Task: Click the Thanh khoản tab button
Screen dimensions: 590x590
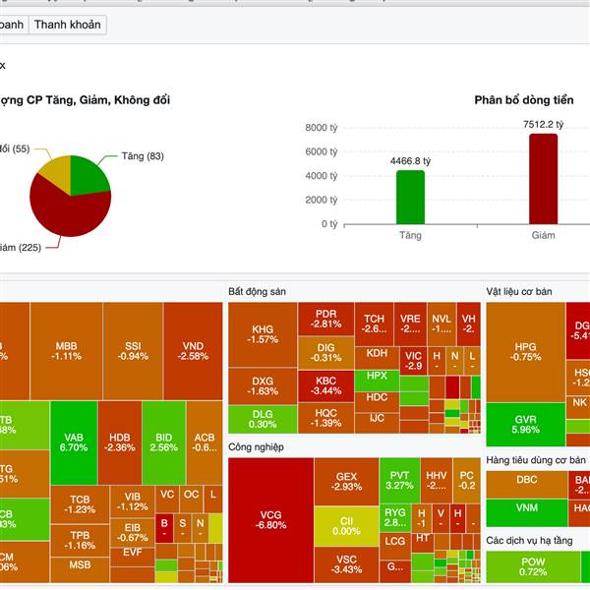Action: tap(67, 25)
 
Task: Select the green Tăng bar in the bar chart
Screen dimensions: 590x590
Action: tap(411, 197)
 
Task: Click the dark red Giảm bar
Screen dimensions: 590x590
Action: tap(543, 179)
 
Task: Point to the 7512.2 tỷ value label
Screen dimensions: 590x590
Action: tap(543, 124)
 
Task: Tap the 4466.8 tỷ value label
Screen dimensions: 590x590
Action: tap(411, 160)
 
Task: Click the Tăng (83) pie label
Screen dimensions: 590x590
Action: tap(143, 156)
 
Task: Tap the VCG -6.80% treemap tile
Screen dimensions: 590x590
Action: tap(271, 519)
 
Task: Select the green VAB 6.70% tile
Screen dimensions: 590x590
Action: tap(74, 442)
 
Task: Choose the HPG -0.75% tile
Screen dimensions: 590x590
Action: tap(526, 351)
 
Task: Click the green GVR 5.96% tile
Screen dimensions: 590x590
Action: tap(526, 424)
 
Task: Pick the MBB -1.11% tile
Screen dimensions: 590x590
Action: tap(67, 351)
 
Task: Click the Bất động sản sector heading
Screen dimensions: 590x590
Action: tap(257, 292)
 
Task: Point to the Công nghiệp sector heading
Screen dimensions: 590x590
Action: tap(256, 446)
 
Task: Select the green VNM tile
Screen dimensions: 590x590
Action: tap(526, 511)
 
